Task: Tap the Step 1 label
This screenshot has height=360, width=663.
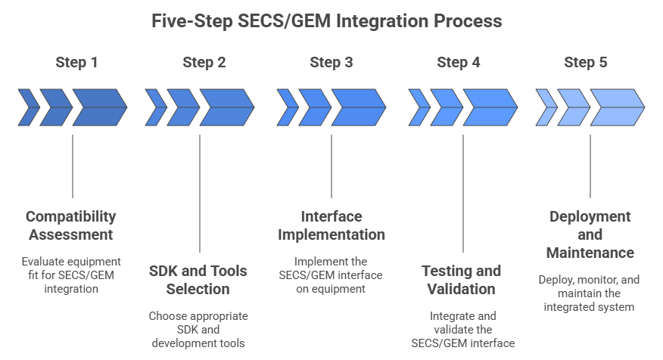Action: click(76, 62)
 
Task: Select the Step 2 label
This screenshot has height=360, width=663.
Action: click(204, 62)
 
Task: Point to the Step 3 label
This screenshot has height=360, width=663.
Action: click(331, 62)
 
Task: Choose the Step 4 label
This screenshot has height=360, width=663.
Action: click(459, 62)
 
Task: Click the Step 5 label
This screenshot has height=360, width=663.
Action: click(586, 62)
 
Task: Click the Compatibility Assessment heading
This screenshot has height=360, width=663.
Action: click(71, 225)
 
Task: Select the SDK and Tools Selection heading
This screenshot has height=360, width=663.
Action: click(199, 279)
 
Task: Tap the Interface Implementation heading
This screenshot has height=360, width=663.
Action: click(331, 225)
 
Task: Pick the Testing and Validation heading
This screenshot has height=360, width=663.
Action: click(461, 279)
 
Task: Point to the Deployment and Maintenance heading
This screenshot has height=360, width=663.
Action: click(589, 234)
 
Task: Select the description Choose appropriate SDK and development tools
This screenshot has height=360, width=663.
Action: click(199, 330)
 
